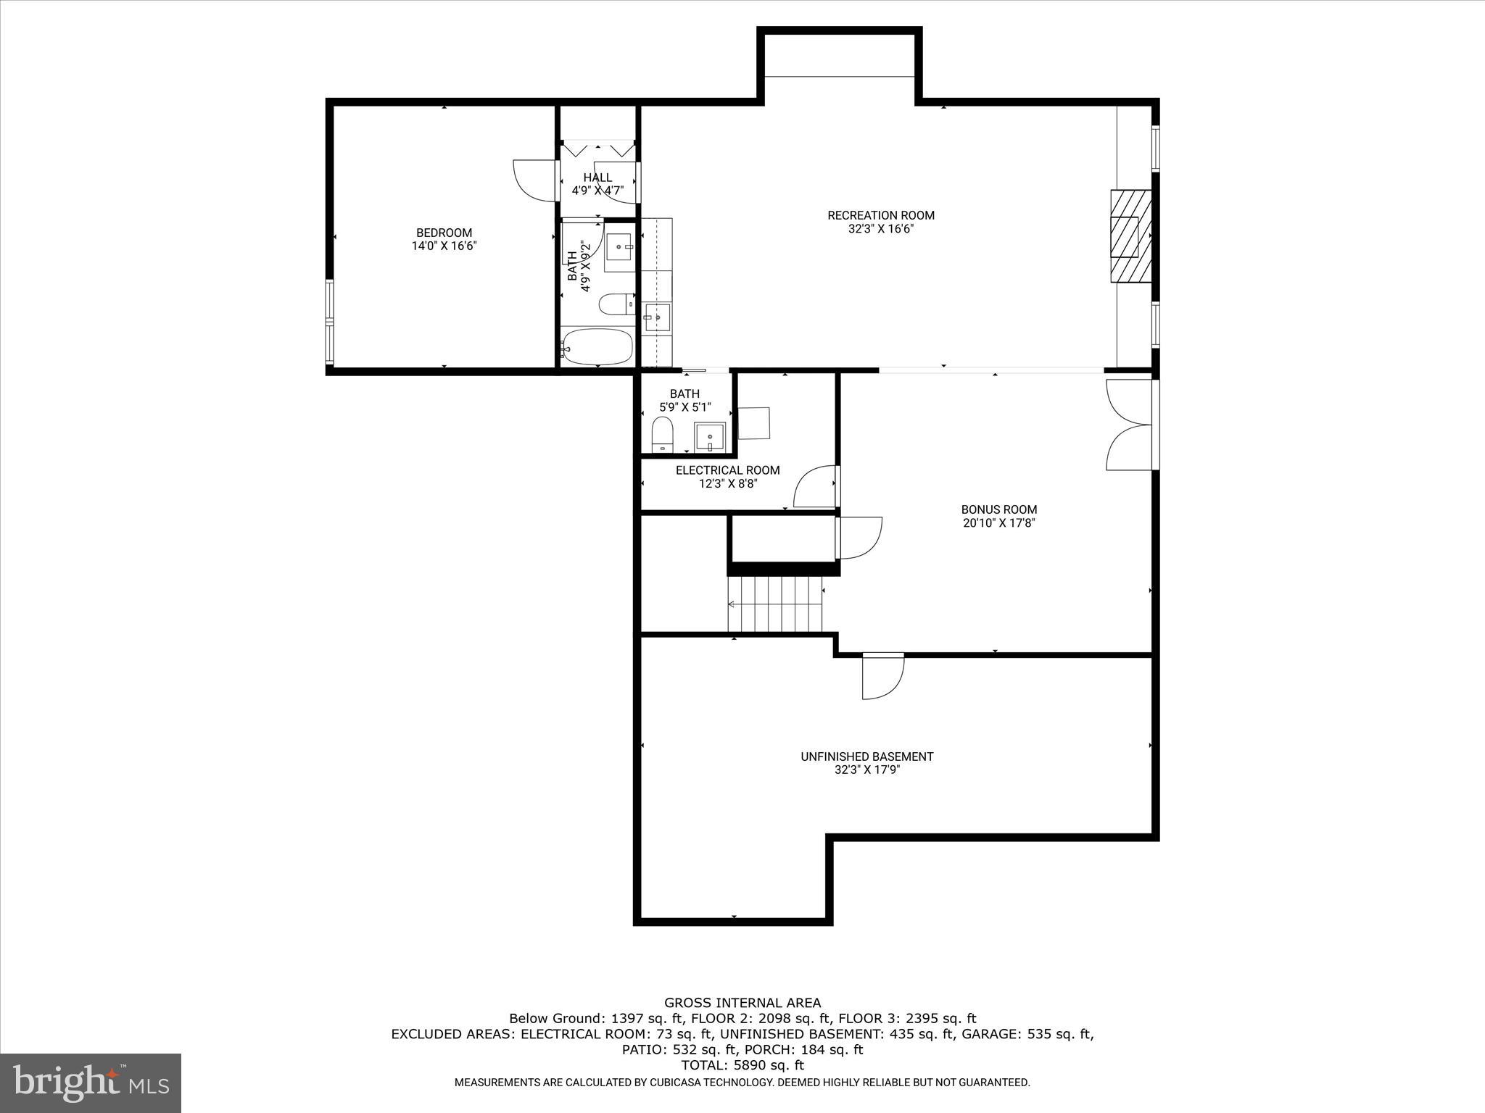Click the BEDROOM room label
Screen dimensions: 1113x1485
pyautogui.click(x=444, y=233)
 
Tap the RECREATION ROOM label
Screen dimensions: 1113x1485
pyautogui.click(x=881, y=215)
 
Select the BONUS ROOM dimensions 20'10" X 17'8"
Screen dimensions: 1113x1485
pyautogui.click(x=998, y=523)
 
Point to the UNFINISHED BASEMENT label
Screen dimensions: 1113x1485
pyautogui.click(x=866, y=756)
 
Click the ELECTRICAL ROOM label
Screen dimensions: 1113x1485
pyautogui.click(x=727, y=470)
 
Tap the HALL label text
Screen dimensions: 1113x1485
pyautogui.click(x=597, y=178)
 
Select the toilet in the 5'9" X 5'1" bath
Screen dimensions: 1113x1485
pyautogui.click(x=662, y=435)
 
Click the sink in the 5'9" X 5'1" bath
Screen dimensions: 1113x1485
pyautogui.click(x=709, y=437)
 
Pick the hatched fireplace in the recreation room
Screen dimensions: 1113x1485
pyautogui.click(x=1131, y=236)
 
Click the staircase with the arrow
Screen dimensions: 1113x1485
pyautogui.click(x=775, y=604)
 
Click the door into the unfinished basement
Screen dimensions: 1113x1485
pyautogui.click(x=882, y=676)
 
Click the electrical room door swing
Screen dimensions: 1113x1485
pyautogui.click(x=815, y=488)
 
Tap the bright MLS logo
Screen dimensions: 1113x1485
pyautogui.click(x=91, y=1083)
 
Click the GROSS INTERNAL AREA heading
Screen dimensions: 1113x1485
pyautogui.click(x=742, y=1003)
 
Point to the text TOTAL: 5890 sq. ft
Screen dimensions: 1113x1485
pyautogui.click(x=742, y=1065)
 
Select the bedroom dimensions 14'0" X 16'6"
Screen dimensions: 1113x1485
pyautogui.click(x=444, y=246)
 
